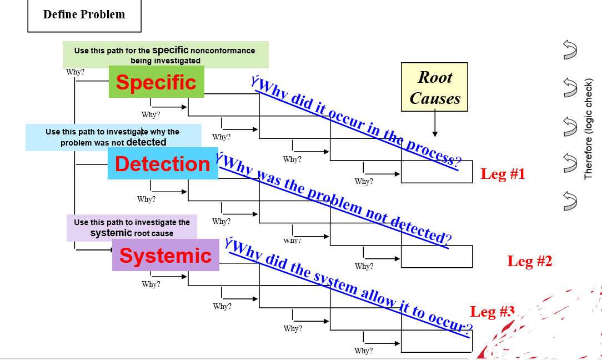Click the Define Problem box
pyautogui.click(x=84, y=15)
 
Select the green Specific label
pyautogui.click(x=156, y=82)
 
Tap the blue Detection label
pyautogui.click(x=163, y=164)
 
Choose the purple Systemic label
pyautogui.click(x=165, y=256)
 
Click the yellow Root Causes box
pyautogui.click(x=434, y=87)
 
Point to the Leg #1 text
pyautogui.click(x=503, y=174)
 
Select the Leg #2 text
pyautogui.click(x=529, y=261)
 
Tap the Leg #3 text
pyautogui.click(x=492, y=311)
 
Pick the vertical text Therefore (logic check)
pyautogui.click(x=589, y=129)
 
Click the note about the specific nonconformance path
pyautogui.click(x=165, y=55)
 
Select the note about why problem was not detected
pyautogui.click(x=113, y=138)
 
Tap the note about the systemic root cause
pyautogui.click(x=132, y=228)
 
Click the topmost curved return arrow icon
pyautogui.click(x=569, y=49)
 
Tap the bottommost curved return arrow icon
pyautogui.click(x=569, y=201)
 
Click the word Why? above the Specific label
pyautogui.click(x=75, y=72)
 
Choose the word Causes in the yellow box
pyautogui.click(x=435, y=99)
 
